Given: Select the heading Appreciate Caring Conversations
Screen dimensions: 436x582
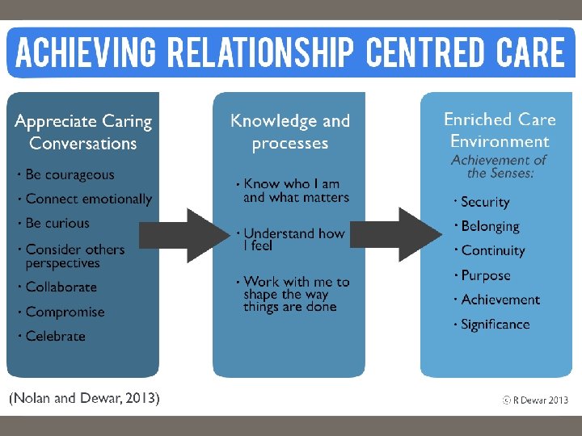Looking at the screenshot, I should [x=83, y=132].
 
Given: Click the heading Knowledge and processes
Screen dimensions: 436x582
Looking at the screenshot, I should [x=290, y=132].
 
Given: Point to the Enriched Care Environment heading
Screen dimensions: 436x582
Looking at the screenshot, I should [x=500, y=131].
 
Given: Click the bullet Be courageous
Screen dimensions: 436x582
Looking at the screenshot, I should [x=70, y=174].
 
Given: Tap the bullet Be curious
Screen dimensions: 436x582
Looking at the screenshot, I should [x=57, y=223].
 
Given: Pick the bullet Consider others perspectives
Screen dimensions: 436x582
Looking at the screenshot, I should [x=74, y=256].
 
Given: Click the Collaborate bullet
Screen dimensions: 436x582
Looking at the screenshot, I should [x=61, y=287].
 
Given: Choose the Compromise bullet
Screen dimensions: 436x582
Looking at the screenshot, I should [x=65, y=312].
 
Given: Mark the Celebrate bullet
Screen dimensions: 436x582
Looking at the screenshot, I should [x=55, y=336].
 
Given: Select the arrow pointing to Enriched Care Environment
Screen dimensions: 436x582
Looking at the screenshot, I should [x=396, y=235].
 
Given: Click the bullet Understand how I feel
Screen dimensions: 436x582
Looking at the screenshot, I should [x=293, y=240].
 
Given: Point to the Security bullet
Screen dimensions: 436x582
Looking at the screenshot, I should [x=485, y=202].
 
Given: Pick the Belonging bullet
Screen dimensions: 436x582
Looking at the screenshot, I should [x=490, y=227].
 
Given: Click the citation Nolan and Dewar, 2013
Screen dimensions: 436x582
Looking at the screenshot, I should [x=84, y=397].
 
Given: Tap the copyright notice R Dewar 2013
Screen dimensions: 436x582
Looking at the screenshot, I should [x=534, y=400].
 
